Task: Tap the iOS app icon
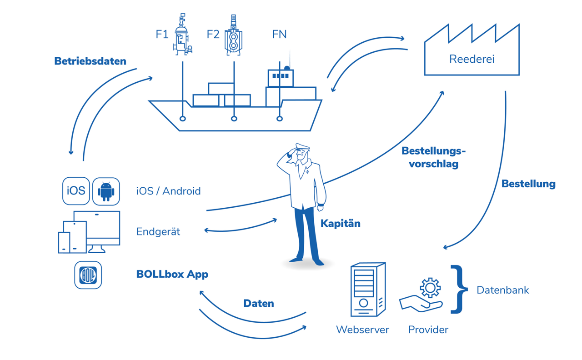(x=76, y=191)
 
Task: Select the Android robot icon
(x=106, y=191)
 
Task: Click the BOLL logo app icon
(x=88, y=275)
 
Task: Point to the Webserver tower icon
(x=367, y=290)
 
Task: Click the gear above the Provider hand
(x=430, y=288)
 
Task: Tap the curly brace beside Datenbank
(x=459, y=290)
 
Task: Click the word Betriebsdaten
(x=90, y=61)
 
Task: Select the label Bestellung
(x=528, y=184)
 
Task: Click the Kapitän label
(x=340, y=223)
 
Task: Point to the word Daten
(x=258, y=303)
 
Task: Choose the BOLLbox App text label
(x=172, y=274)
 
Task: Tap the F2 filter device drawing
(x=233, y=35)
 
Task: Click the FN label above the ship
(x=279, y=34)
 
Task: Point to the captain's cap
(x=302, y=147)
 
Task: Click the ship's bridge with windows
(x=281, y=77)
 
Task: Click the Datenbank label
(x=502, y=290)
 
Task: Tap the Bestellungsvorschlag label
(x=433, y=157)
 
